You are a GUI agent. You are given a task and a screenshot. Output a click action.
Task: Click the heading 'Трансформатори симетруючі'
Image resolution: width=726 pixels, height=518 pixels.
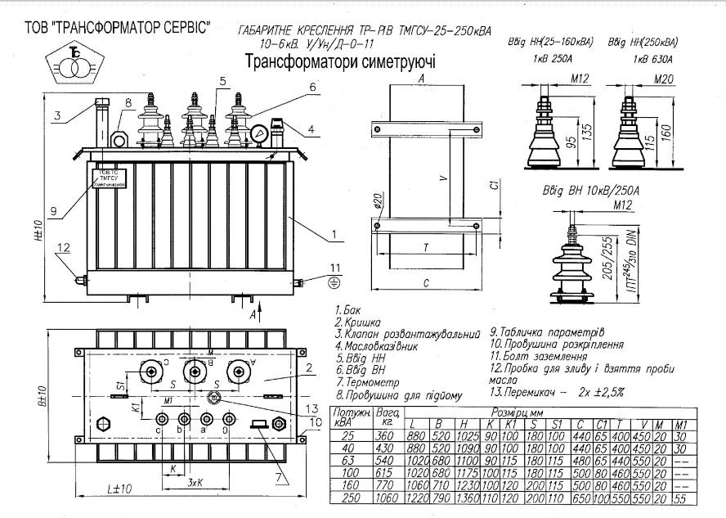340,61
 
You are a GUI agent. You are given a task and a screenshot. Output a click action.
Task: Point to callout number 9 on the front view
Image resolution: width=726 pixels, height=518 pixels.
52,212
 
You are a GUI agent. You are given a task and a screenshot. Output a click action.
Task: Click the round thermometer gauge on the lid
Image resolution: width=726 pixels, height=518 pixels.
260,133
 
